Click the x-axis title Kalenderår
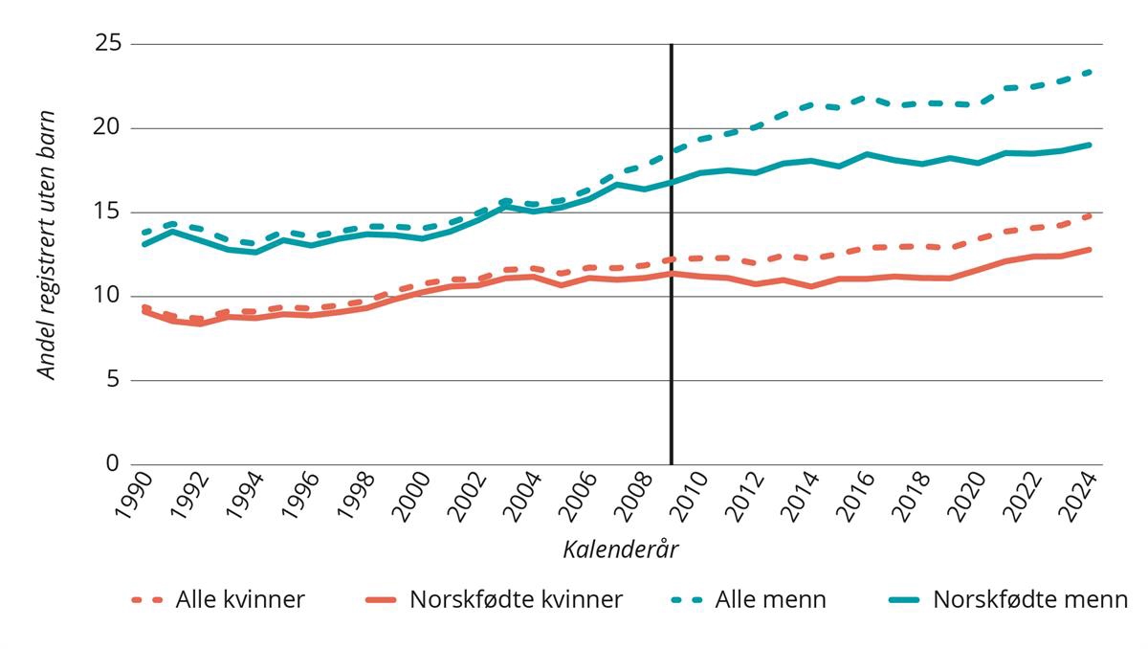(x=620, y=549)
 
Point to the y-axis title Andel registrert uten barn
(x=47, y=245)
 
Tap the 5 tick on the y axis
(x=112, y=380)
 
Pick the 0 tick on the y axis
(x=112, y=464)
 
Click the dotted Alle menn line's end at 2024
(x=1092, y=71)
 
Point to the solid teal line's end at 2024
(x=1092, y=145)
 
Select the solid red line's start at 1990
(x=143, y=311)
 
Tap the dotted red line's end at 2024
(x=1092, y=215)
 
